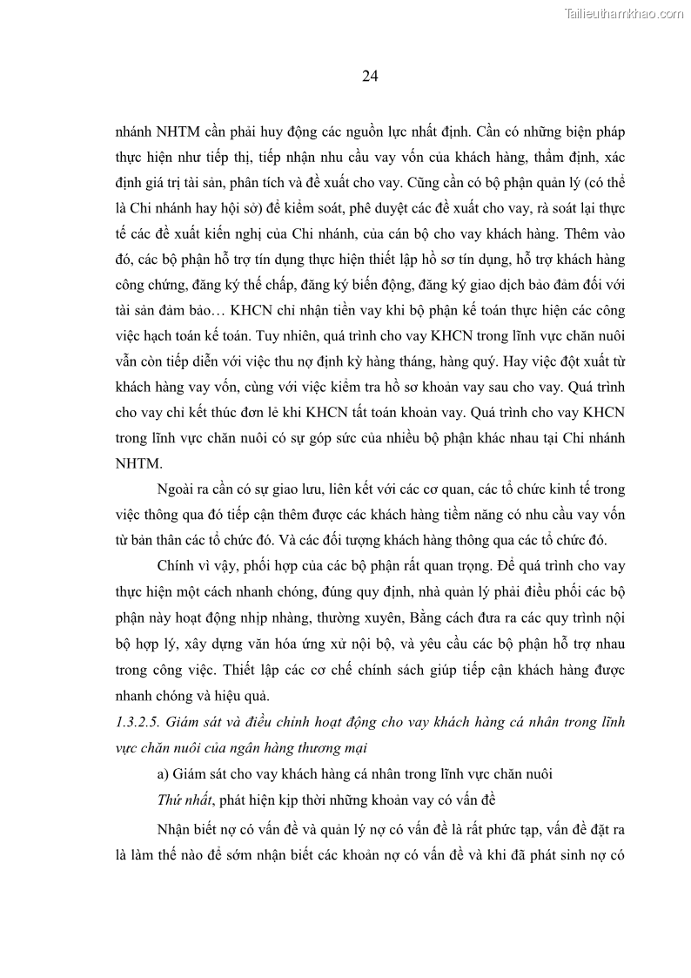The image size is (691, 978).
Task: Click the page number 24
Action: point(369,76)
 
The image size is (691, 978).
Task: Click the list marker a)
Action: point(163,772)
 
